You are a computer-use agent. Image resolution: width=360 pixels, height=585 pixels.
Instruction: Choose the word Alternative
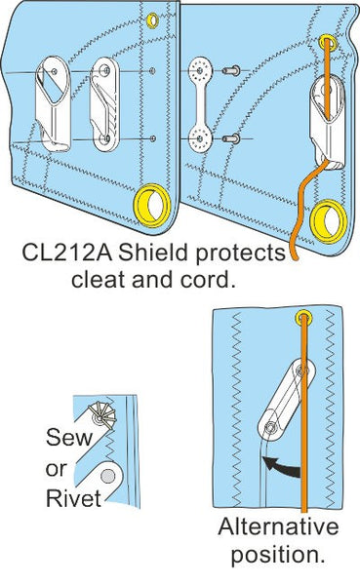coord(279,527)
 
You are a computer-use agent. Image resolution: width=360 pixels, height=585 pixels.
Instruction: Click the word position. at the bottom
coord(279,557)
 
